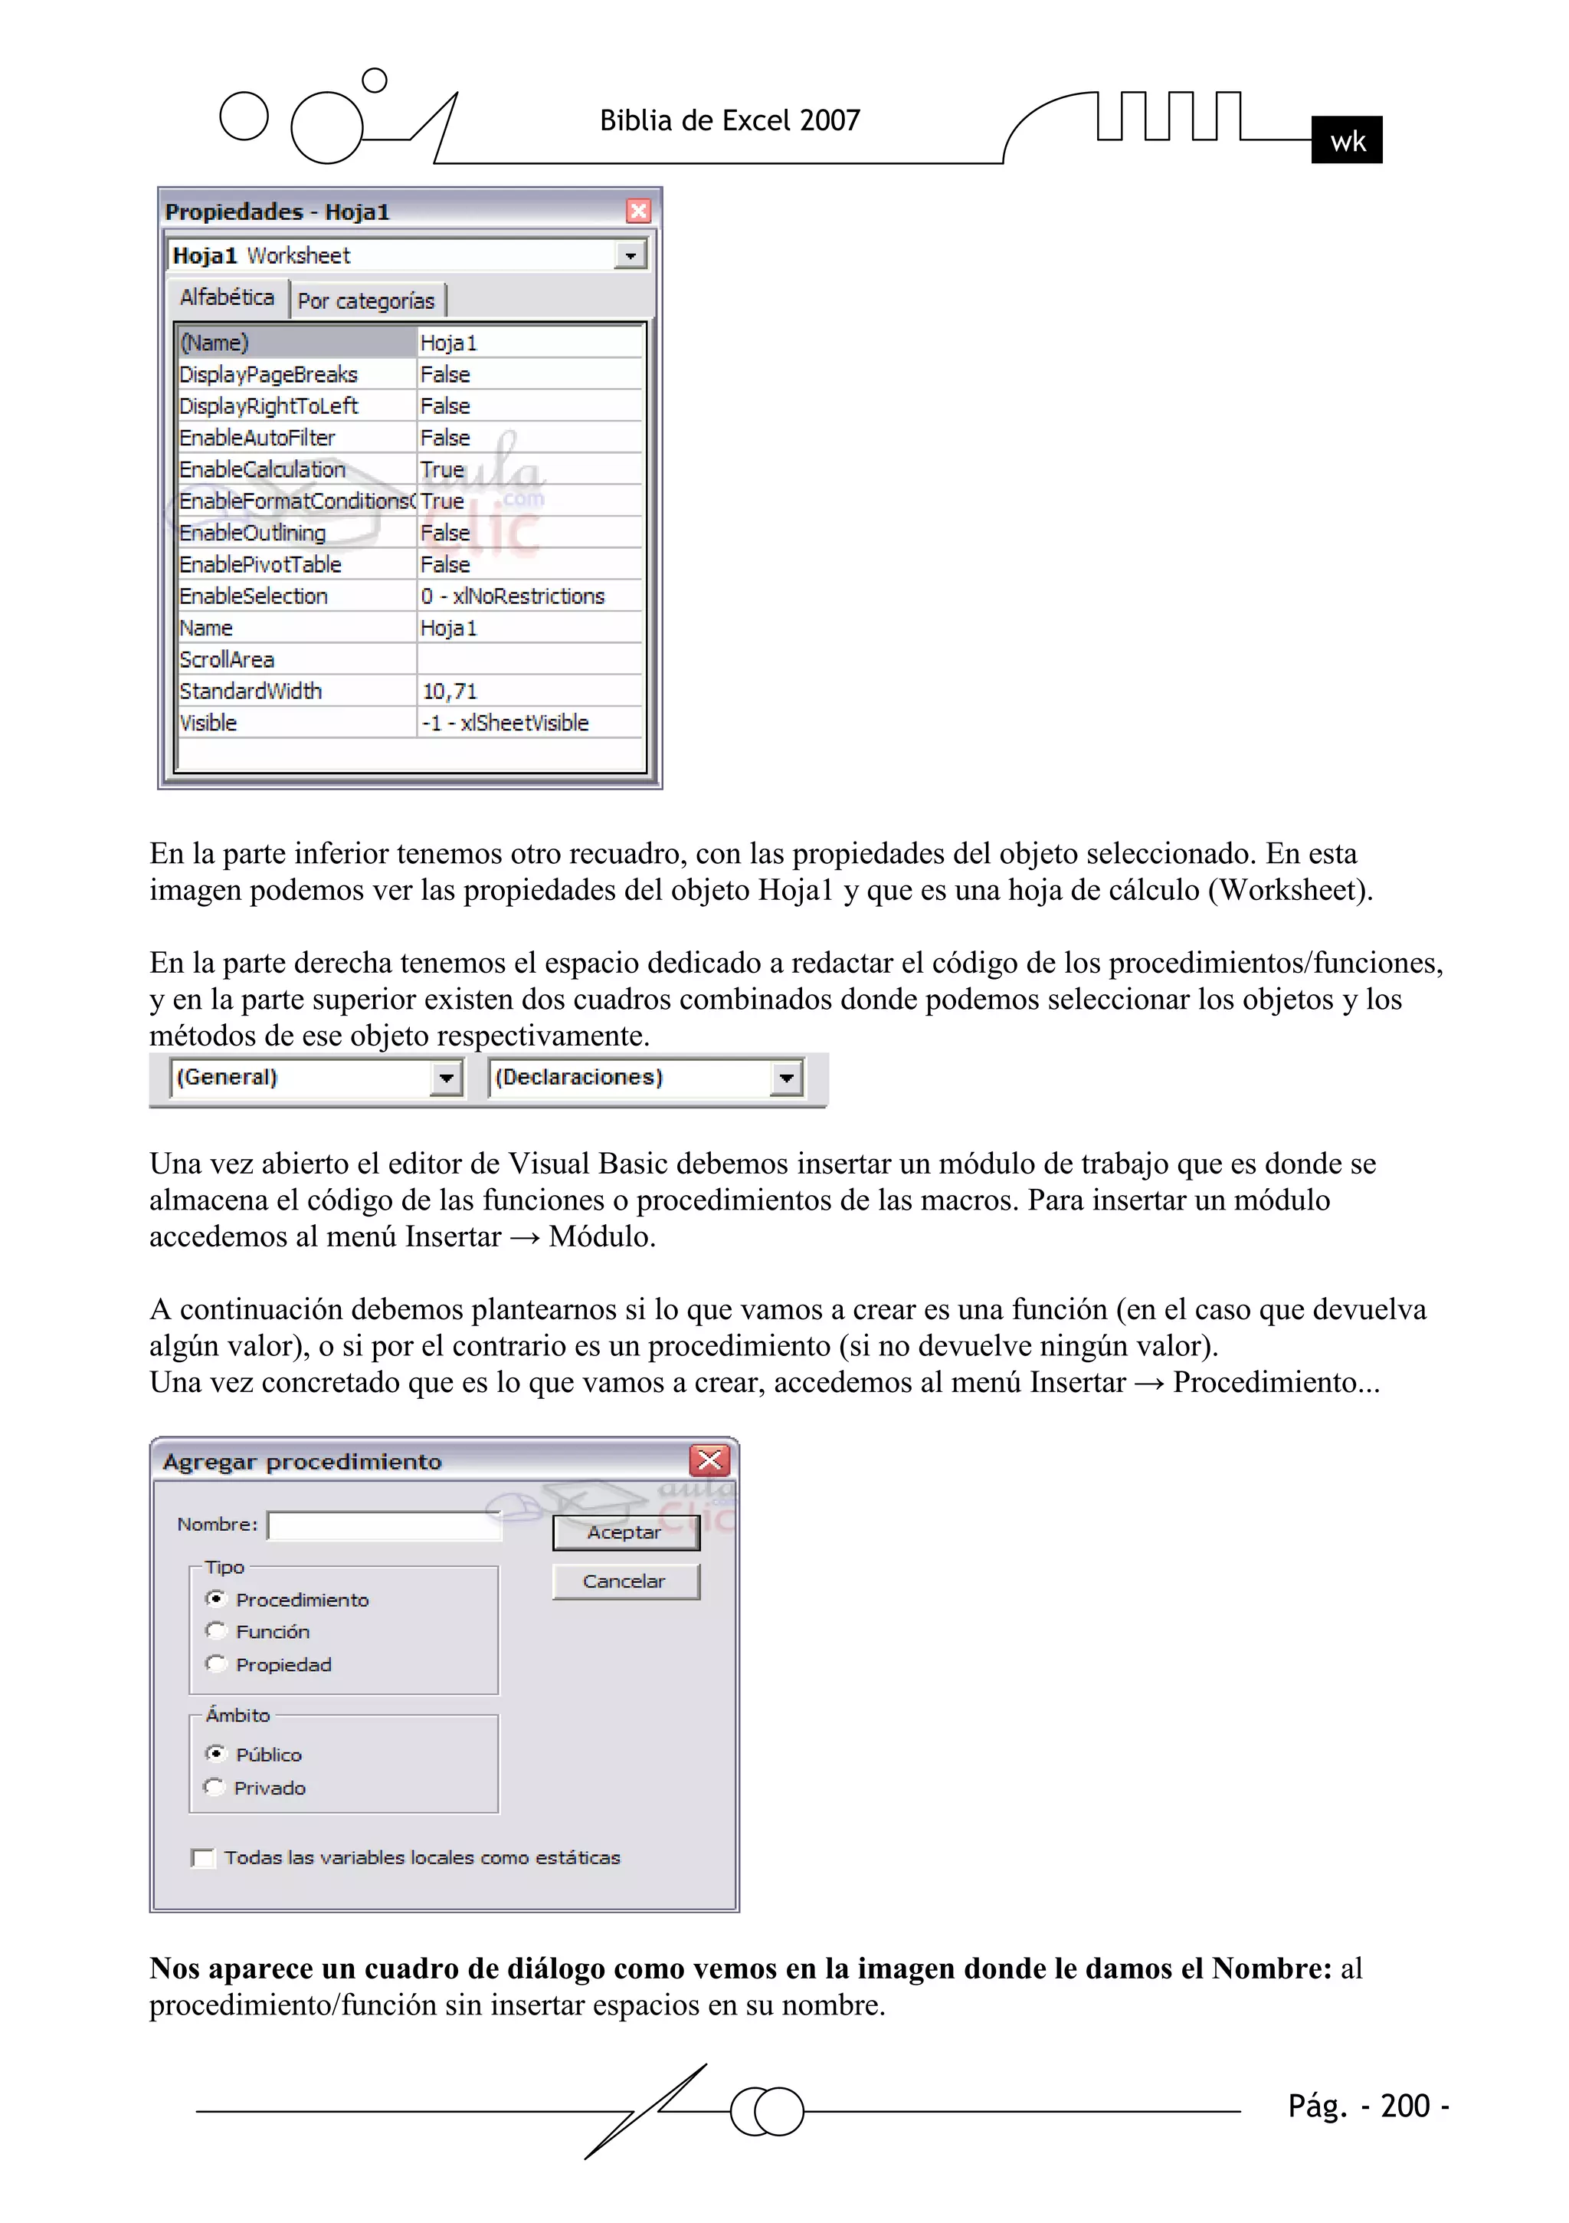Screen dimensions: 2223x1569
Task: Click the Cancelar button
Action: pyautogui.click(x=625, y=1581)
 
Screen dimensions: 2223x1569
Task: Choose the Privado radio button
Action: pyautogui.click(x=215, y=1788)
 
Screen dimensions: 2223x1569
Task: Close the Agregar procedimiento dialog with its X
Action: pyautogui.click(x=709, y=1460)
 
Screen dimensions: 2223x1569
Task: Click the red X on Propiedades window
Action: pyautogui.click(x=638, y=211)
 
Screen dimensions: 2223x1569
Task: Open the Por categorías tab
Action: pyautogui.click(x=366, y=301)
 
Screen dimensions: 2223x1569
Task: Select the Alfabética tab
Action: pyautogui.click(x=228, y=297)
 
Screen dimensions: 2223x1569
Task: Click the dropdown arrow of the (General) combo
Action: pyautogui.click(x=445, y=1078)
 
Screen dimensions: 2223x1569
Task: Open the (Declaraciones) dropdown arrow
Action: pyautogui.click(x=786, y=1078)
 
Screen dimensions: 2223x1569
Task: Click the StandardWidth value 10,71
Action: pyautogui.click(x=450, y=691)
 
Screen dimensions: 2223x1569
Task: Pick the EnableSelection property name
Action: pyautogui.click(x=254, y=596)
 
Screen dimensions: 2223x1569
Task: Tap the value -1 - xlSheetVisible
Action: pyautogui.click(x=506, y=724)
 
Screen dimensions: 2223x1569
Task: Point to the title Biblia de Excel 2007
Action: pyautogui.click(x=730, y=120)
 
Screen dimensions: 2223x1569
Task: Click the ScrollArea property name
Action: pyautogui.click(x=228, y=659)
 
